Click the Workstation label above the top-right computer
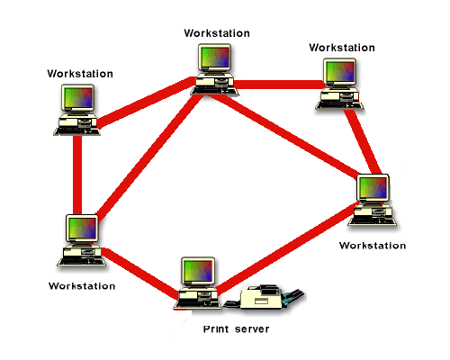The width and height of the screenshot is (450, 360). pos(341,47)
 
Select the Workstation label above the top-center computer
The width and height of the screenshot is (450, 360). pos(216,32)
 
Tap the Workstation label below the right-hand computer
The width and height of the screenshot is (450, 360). pos(373,244)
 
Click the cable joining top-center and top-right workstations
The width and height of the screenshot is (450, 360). pos(279,85)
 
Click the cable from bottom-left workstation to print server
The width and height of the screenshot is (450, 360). pos(139,274)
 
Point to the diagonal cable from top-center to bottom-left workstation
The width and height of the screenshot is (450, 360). pos(148,153)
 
